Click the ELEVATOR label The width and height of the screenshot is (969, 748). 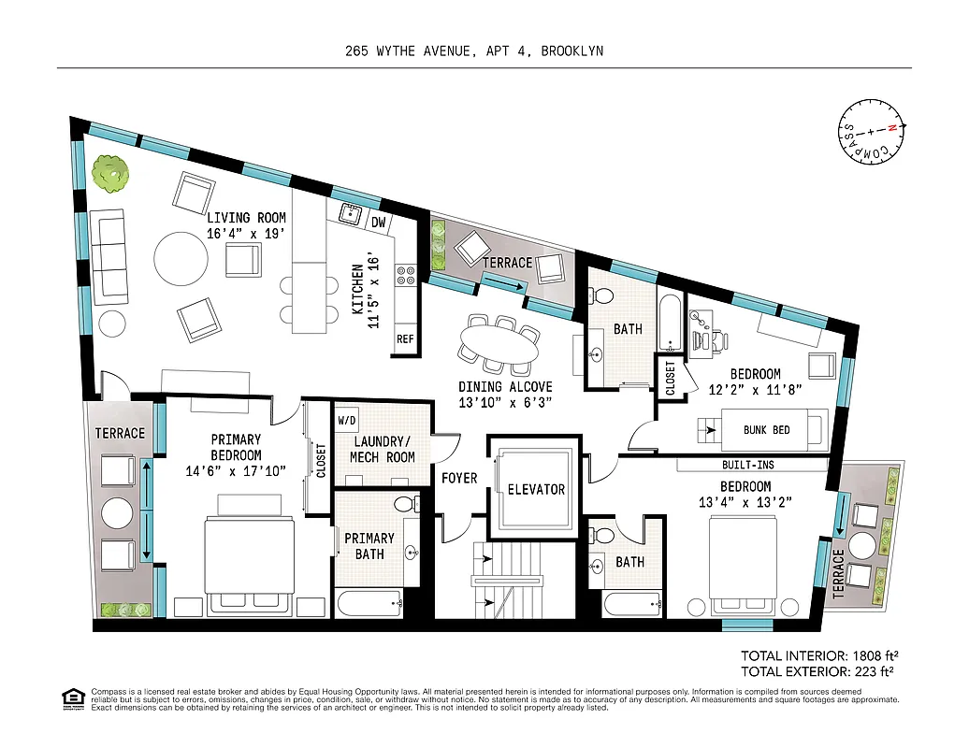coord(536,489)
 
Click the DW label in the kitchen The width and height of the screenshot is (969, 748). coord(379,223)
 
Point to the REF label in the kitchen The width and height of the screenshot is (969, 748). coord(405,339)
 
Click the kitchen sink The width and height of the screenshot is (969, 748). coord(351,213)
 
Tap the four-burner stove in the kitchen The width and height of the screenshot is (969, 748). coord(407,275)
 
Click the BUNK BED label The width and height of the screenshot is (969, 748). coord(767,431)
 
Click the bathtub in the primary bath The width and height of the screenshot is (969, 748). coord(369,603)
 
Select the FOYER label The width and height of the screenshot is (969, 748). coord(459,478)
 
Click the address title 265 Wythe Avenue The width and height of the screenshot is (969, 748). coord(473,51)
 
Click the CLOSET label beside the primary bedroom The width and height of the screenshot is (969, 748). coord(321,460)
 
